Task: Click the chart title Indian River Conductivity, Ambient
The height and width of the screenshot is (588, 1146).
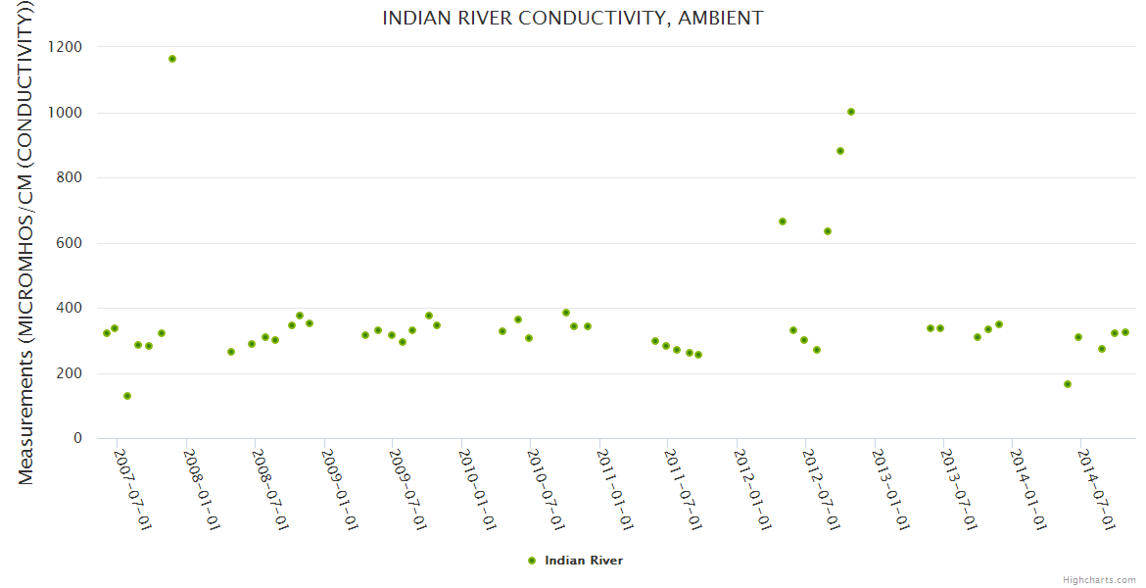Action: point(572,18)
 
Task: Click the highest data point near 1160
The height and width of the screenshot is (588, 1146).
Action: point(172,59)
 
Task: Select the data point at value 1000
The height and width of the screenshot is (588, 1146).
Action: point(851,112)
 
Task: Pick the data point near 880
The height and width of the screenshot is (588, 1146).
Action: point(840,151)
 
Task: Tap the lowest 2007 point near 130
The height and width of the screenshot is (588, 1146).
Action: point(127,396)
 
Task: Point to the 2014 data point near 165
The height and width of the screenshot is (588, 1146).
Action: point(1068,384)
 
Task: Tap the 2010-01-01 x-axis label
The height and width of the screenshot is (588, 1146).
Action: point(477,489)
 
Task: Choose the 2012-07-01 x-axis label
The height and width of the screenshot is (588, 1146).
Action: point(821,489)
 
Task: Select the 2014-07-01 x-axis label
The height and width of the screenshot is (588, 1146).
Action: point(1096,489)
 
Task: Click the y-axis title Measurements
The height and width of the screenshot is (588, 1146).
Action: point(27,245)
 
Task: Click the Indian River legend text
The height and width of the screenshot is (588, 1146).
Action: point(584,561)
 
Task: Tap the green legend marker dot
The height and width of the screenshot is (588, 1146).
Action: point(532,561)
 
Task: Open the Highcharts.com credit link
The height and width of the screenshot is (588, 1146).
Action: point(1099,580)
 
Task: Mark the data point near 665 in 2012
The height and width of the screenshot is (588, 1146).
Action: point(783,221)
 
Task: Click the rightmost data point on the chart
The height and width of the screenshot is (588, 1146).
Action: point(1125,332)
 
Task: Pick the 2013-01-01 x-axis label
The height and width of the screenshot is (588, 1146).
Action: point(890,489)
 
